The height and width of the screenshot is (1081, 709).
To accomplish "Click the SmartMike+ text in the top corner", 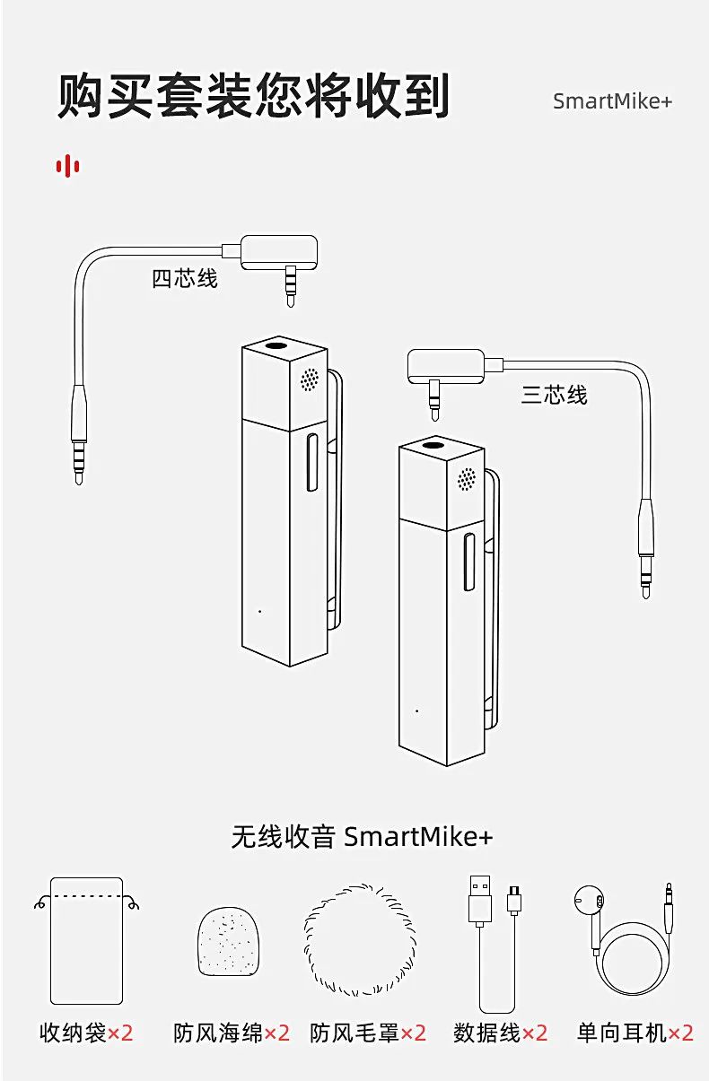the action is tap(612, 101).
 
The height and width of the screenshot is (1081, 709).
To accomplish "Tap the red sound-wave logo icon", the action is tap(68, 166).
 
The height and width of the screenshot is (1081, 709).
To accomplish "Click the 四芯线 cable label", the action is tap(185, 279).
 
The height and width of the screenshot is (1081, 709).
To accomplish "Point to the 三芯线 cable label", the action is tap(554, 395).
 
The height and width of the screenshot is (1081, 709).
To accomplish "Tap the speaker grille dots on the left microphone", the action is tap(310, 379).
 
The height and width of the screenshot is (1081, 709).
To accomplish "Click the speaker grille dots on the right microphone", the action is tap(466, 479).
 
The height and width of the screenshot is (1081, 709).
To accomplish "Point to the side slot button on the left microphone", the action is tap(312, 462).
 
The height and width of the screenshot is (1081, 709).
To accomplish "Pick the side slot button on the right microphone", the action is tap(468, 562).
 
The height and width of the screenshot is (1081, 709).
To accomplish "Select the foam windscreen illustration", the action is tap(228, 942).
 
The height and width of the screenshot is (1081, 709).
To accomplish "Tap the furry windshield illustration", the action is tap(360, 941).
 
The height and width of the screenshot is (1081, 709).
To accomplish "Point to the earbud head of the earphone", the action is tap(589, 901).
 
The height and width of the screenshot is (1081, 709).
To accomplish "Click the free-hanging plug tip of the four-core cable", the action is tap(79, 479).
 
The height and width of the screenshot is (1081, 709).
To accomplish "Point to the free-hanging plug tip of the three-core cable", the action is tap(646, 593).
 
